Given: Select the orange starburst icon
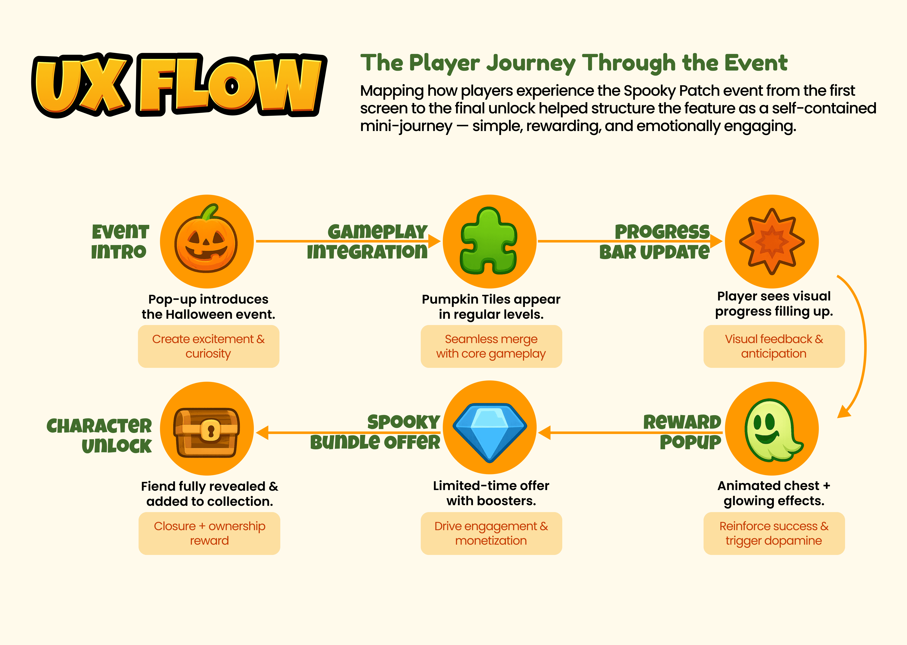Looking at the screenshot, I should pyautogui.click(x=772, y=241).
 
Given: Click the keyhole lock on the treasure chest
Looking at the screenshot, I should pyautogui.click(x=210, y=431).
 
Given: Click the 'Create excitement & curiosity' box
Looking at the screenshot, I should pyautogui.click(x=208, y=346).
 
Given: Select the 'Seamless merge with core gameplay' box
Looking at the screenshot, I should pyautogui.click(x=491, y=346).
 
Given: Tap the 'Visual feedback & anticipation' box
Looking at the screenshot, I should pyautogui.click(x=774, y=346).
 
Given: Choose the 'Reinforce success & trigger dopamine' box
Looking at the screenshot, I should pyautogui.click(x=774, y=533).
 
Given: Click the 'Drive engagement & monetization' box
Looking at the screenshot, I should pyautogui.click(x=491, y=533).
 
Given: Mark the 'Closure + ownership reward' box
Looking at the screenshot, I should pyautogui.click(x=209, y=533).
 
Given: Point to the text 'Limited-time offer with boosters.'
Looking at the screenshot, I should pyautogui.click(x=491, y=493).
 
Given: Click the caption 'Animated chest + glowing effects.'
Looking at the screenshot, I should pyautogui.click(x=774, y=493).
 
